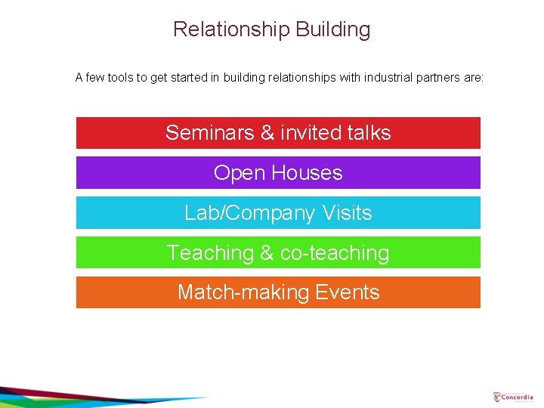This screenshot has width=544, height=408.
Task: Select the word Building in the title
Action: [333, 29]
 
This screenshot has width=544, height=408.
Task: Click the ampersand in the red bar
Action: [267, 133]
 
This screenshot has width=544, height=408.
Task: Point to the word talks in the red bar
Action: [368, 133]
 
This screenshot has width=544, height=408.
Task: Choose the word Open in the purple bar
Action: [234, 173]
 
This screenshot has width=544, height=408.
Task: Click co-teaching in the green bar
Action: [335, 253]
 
